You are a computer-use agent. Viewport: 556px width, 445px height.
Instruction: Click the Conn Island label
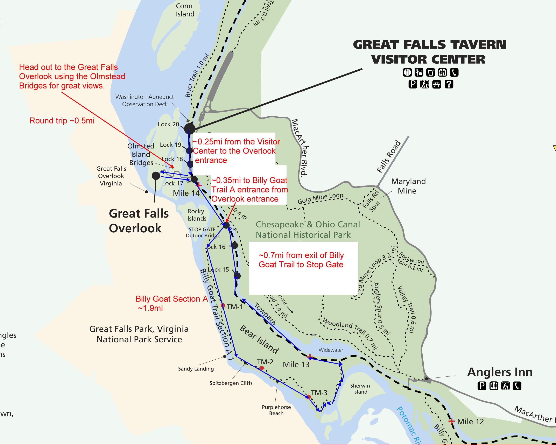185,10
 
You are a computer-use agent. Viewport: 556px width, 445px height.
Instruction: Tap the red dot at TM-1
223,305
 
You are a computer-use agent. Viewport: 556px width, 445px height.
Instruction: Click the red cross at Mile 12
451,421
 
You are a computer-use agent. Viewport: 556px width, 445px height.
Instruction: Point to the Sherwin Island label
360,389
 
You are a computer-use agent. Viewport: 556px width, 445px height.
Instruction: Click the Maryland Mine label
408,186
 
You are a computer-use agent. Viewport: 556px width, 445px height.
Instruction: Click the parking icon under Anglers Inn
482,386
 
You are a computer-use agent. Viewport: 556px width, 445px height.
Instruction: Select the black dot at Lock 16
235,245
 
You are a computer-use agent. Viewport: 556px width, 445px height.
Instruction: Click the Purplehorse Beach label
276,410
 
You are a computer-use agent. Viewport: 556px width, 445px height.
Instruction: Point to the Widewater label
331,350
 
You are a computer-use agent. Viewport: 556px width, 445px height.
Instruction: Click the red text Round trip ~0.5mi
62,121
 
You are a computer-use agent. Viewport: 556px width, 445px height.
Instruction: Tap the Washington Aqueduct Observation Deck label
145,100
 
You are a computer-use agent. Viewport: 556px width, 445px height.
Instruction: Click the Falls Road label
388,156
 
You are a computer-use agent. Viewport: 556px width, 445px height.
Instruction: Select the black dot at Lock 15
237,276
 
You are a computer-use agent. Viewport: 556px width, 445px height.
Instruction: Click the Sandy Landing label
196,369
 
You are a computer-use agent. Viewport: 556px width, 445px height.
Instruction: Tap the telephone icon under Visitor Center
454,72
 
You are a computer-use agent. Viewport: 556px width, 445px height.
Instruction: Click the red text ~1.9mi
150,308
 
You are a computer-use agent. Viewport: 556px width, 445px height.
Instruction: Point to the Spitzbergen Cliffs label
231,383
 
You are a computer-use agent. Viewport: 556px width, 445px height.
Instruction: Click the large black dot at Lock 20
190,128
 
